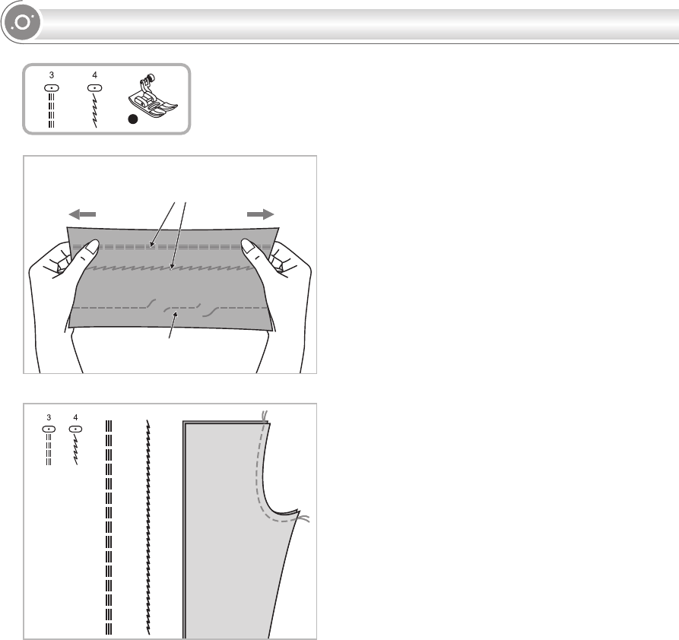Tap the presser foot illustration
pos(151,96)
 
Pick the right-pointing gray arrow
pos(260,214)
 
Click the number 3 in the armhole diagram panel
pos(49,417)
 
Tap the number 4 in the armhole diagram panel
pos(75,417)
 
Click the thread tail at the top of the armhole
pos(263,415)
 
